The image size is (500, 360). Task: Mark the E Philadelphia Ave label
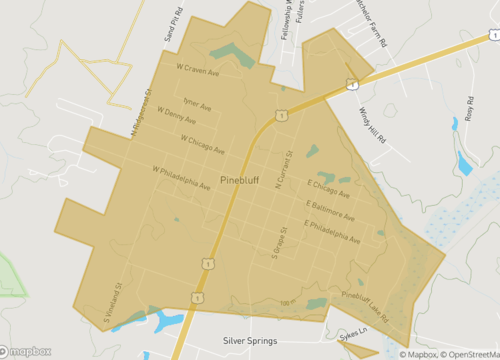pos(333,232)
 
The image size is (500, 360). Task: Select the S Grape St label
pos(275,241)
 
